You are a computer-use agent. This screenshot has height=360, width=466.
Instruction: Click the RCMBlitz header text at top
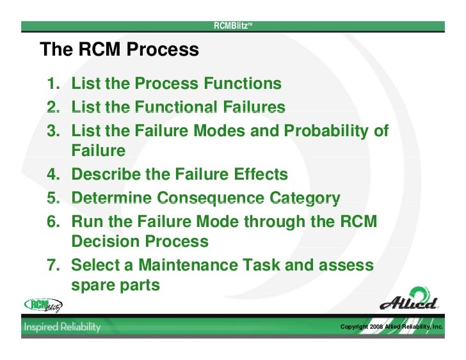pyautogui.click(x=234, y=26)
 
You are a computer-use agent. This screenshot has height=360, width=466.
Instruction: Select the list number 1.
pyautogui.click(x=52, y=84)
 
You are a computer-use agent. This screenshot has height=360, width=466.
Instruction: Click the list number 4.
pyautogui.click(x=52, y=174)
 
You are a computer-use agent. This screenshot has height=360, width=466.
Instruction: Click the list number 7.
pyautogui.click(x=52, y=265)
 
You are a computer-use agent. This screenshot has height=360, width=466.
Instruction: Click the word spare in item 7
pyautogui.click(x=93, y=285)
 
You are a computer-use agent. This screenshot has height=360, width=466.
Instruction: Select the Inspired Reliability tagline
pyautogui.click(x=63, y=327)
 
